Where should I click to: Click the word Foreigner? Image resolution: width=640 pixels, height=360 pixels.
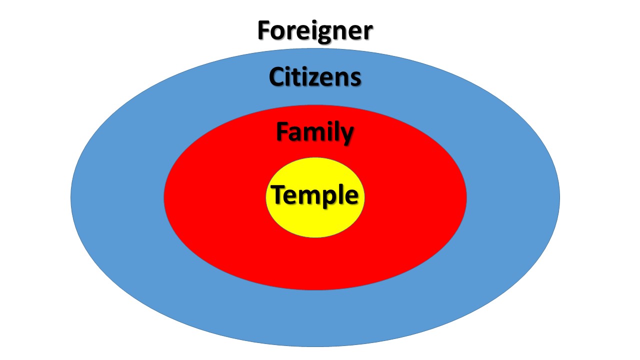click(315, 31)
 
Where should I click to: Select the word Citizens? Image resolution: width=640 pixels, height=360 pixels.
click(315, 77)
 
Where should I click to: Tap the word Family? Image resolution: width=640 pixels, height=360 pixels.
click(315, 132)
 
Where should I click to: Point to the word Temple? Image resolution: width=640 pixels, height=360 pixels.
click(315, 195)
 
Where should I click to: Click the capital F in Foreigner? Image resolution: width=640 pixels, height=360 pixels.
click(264, 31)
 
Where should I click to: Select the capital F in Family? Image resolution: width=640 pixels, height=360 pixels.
click(283, 132)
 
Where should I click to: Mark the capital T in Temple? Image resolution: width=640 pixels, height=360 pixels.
click(278, 194)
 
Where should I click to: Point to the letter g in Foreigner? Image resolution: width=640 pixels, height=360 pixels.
click(322, 34)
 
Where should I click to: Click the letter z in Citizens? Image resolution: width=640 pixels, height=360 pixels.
click(320, 79)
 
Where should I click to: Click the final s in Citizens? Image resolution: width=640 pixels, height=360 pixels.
click(355, 79)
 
